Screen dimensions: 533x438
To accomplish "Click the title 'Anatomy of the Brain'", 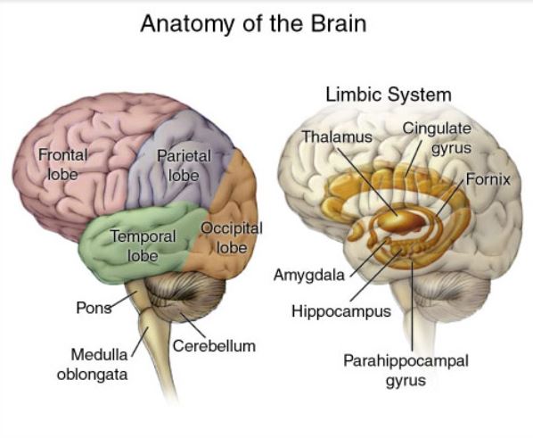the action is pyautogui.click(x=254, y=23).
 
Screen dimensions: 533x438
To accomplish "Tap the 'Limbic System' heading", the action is pyautogui.click(x=389, y=95).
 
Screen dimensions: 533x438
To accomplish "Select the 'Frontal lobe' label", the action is pyautogui.click(x=63, y=164).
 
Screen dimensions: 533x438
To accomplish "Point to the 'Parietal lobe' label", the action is pyautogui.click(x=184, y=166).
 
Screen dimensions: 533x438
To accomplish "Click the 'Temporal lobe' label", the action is pyautogui.click(x=143, y=245).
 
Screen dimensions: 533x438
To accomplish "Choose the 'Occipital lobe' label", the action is pyautogui.click(x=232, y=237).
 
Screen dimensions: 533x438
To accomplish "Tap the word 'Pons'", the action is pyautogui.click(x=94, y=308).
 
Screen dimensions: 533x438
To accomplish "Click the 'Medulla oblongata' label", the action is pyautogui.click(x=93, y=365).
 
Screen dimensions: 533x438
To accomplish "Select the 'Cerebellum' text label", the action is pyautogui.click(x=214, y=346).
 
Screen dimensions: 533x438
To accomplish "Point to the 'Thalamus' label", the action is pyautogui.click(x=337, y=136).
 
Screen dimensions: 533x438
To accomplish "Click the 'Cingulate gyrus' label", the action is pyautogui.click(x=437, y=138).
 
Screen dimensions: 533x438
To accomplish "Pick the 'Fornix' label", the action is pyautogui.click(x=488, y=179).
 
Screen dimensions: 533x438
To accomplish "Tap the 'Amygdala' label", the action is pyautogui.click(x=309, y=275).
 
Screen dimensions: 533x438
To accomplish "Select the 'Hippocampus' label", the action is pyautogui.click(x=341, y=311).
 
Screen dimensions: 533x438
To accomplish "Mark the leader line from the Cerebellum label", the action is pyautogui.click(x=193, y=325).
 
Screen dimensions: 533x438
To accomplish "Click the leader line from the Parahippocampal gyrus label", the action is pyautogui.click(x=412, y=305).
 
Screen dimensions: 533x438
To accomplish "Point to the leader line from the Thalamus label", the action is pyautogui.click(x=367, y=181).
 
